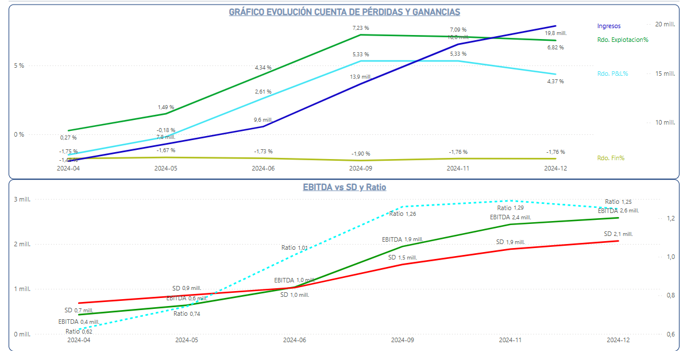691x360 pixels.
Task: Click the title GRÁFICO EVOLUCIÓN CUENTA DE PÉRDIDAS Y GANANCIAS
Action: (344, 12)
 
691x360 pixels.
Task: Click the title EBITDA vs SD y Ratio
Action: (344, 187)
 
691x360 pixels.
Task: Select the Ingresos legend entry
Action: (609, 26)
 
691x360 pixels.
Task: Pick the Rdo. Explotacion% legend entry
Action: (623, 40)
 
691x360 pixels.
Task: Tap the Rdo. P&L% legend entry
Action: (612, 73)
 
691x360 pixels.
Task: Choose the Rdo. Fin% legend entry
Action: (611, 158)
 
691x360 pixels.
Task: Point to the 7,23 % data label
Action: (361, 28)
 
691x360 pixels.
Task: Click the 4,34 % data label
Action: (263, 68)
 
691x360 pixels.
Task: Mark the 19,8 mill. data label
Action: (555, 33)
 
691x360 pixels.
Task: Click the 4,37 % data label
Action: (555, 81)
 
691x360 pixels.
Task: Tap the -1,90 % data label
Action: (361, 154)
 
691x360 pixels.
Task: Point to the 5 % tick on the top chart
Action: (19, 65)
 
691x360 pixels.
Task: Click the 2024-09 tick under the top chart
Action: (361, 169)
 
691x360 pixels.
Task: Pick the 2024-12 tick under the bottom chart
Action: (618, 340)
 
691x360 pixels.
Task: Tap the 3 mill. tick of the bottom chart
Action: (22, 199)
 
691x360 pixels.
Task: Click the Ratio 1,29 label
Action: (511, 208)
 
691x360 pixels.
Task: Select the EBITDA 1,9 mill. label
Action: (402, 239)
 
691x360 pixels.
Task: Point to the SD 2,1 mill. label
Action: (618, 234)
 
